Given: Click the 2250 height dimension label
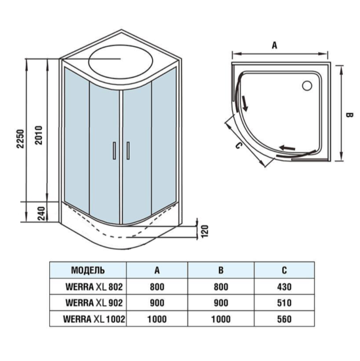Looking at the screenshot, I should click(x=20, y=137).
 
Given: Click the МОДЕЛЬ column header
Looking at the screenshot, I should click(x=88, y=270).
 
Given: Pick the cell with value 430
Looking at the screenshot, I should click(x=285, y=287).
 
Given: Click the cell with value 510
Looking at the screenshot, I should click(x=285, y=303).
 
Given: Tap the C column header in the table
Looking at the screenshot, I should click(x=285, y=270).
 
